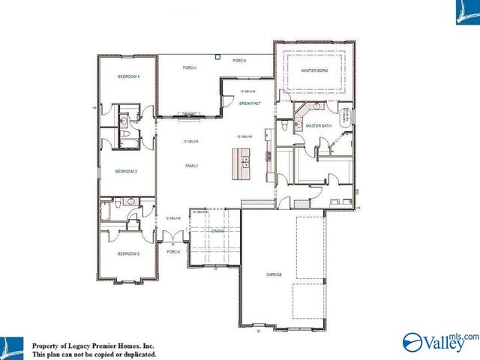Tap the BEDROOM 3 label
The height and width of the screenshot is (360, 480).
pos(125,172)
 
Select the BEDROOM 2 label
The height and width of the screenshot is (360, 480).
pos(128,254)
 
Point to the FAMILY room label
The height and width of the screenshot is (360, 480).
pos(192,165)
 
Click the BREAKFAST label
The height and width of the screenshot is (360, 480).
pos(250,103)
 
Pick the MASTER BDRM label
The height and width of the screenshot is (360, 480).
pos(314,70)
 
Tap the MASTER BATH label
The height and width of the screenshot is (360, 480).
pos(318,126)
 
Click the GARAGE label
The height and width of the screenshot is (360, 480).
pos(274,274)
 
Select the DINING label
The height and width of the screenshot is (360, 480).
pos(217,232)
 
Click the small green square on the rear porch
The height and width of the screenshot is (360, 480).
pos(217,55)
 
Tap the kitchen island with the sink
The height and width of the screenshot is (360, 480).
pos(241,162)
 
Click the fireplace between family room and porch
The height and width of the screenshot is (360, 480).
pos(188,115)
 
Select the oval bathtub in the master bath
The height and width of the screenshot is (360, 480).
pos(346,117)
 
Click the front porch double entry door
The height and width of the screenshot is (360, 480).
pos(173,238)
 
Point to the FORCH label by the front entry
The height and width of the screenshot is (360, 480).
pos(173,252)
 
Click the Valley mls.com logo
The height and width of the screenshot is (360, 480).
pos(440,340)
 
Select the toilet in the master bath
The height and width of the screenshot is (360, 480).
pos(286,128)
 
